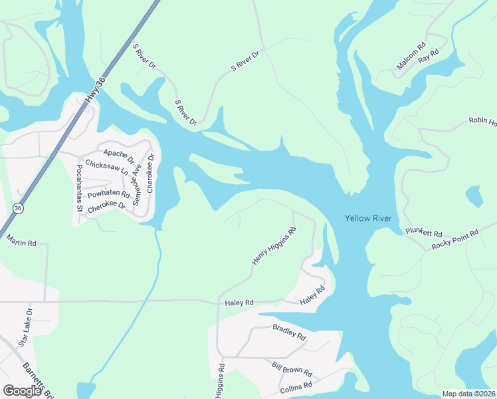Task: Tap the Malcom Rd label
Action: click(411, 57)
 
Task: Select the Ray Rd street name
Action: click(431, 53)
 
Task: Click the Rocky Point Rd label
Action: click(455, 239)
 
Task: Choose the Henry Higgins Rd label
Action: click(273, 247)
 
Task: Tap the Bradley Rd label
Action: click(289, 332)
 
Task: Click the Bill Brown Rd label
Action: click(292, 370)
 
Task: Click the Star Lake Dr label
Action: click(26, 327)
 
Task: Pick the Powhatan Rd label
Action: click(108, 194)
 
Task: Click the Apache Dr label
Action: click(119, 157)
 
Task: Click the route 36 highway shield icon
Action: click(19, 208)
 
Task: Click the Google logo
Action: click(22, 391)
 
